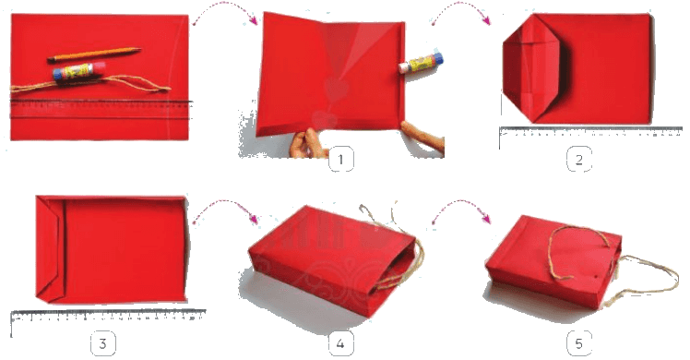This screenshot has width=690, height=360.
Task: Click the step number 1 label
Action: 340,159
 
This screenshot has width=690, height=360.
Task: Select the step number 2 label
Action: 578,160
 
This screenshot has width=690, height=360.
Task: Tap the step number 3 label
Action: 103,342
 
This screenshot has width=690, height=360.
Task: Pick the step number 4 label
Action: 340,342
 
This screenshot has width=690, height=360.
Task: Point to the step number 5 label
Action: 578,342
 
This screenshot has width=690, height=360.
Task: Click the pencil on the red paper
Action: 94,54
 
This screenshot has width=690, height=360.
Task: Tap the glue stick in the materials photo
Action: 73,71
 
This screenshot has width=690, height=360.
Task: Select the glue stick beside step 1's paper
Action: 421,63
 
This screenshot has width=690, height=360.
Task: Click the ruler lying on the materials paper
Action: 101,110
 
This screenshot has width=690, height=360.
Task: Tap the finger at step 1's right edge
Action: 422,137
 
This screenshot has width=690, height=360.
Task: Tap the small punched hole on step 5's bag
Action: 596,277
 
